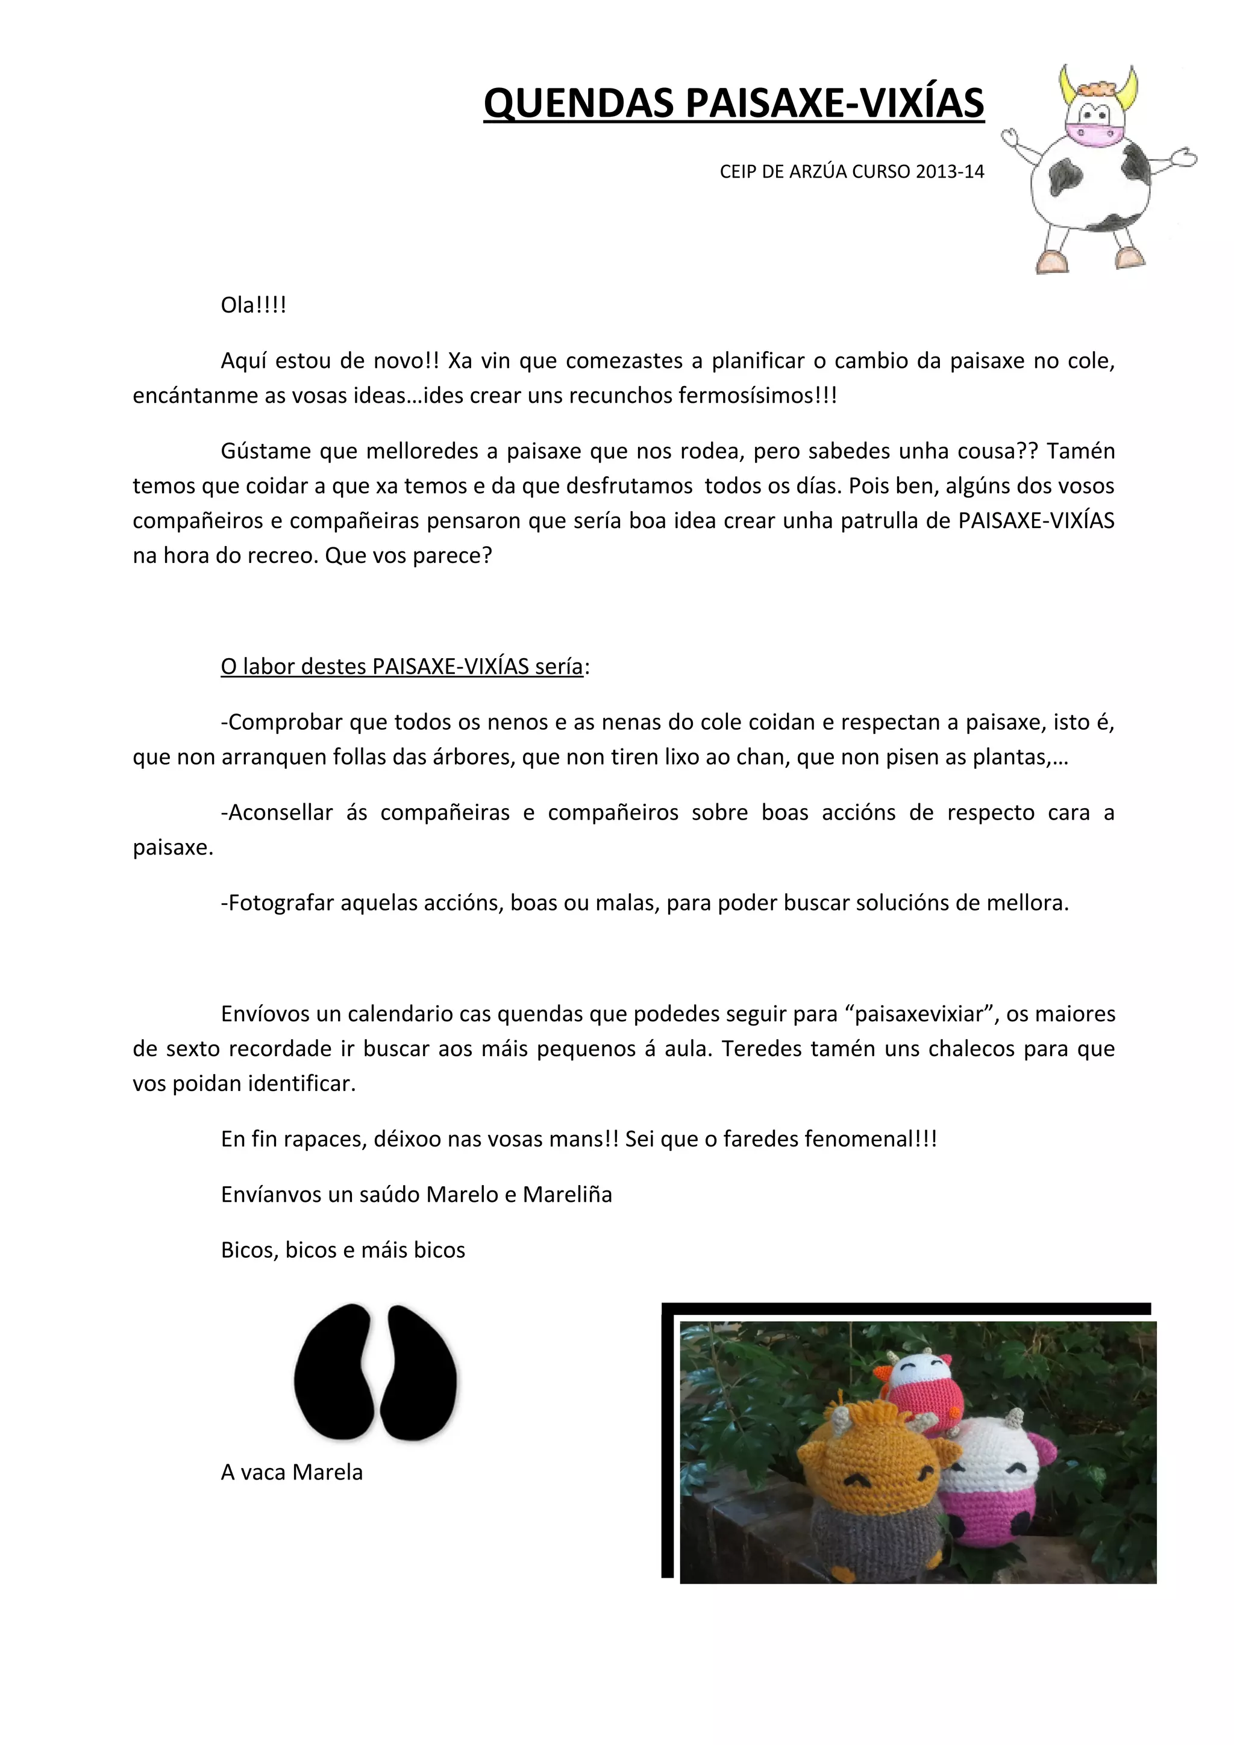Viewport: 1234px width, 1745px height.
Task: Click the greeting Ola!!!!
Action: pyautogui.click(x=253, y=305)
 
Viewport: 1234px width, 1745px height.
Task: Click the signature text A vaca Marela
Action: pyautogui.click(x=291, y=1472)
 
